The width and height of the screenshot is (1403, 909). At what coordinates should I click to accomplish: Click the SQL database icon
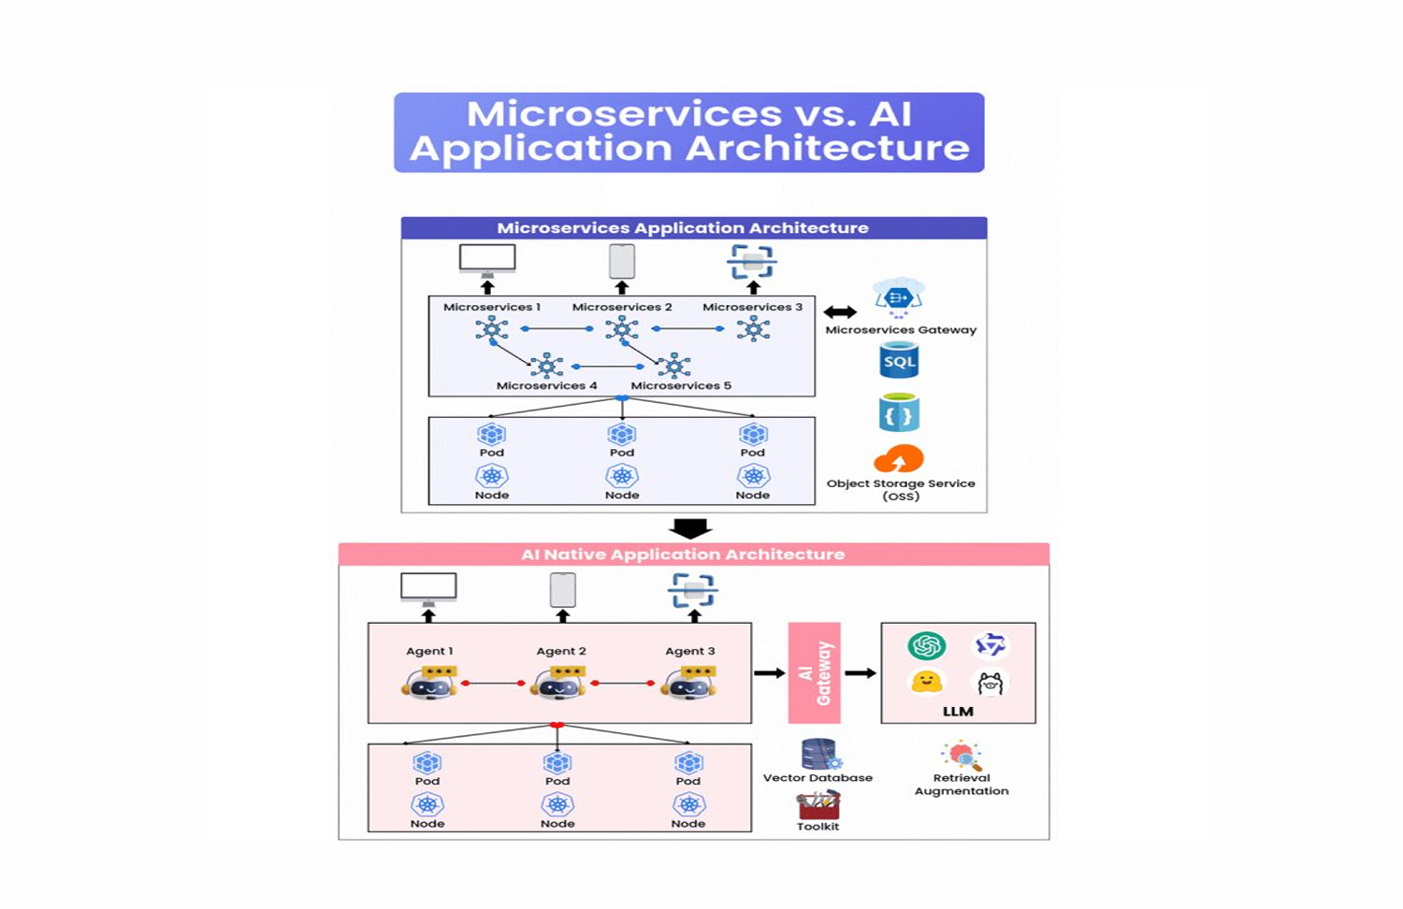click(x=899, y=361)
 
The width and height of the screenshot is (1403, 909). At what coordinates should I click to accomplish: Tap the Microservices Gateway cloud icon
click(x=899, y=297)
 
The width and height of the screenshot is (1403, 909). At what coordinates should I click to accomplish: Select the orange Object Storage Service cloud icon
click(x=899, y=459)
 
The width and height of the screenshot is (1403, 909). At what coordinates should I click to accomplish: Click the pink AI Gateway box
click(x=814, y=672)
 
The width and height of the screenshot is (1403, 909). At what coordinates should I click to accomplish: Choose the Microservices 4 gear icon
click(x=546, y=365)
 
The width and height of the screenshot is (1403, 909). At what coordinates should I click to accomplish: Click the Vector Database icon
click(x=819, y=754)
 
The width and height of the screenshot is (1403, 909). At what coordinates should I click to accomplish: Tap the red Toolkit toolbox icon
click(x=818, y=805)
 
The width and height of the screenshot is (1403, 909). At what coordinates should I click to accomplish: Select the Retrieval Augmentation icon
click(x=962, y=755)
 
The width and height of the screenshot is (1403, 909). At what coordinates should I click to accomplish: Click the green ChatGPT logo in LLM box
click(x=926, y=645)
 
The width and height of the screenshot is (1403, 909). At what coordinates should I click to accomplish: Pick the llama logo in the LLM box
click(x=991, y=684)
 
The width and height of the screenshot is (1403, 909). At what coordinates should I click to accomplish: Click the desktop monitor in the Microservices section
click(x=487, y=259)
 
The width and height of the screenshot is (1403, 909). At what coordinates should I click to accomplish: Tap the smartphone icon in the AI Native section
click(x=562, y=590)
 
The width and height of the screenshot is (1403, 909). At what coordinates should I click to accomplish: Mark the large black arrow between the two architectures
click(x=691, y=529)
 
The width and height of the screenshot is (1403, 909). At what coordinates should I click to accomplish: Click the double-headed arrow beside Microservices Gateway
click(x=840, y=312)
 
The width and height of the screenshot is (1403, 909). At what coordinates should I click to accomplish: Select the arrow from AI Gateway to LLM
click(x=861, y=672)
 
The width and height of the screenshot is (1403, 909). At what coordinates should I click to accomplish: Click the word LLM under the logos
click(x=958, y=712)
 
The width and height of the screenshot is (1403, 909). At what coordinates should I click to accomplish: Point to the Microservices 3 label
click(x=752, y=307)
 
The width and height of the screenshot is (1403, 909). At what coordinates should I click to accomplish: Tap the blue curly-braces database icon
click(x=899, y=413)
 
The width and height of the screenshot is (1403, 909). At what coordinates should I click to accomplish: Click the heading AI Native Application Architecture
click(x=683, y=555)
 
